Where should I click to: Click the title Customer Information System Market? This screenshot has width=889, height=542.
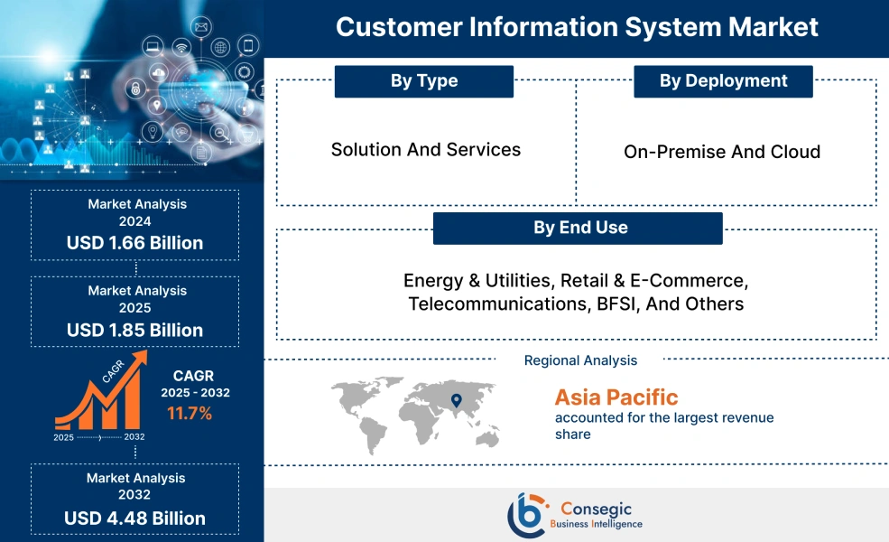point(577,27)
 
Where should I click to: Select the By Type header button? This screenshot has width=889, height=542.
point(423,81)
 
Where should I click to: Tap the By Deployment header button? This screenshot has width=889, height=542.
point(722,81)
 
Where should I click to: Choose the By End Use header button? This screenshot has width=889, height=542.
point(578,229)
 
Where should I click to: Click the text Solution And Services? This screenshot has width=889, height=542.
point(426,150)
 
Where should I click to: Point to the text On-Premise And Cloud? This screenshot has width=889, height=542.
point(722,152)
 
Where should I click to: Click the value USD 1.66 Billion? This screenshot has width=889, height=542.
point(135,243)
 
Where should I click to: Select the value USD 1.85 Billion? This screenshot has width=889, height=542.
point(135,330)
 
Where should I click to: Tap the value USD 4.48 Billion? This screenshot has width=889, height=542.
point(135,519)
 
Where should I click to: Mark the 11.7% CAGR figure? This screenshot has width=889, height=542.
point(190,414)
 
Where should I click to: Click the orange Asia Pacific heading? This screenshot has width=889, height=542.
point(616,397)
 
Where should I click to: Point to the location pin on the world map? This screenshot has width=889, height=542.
point(456,398)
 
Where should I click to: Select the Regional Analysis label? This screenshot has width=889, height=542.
point(580,360)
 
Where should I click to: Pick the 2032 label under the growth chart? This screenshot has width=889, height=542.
point(134,437)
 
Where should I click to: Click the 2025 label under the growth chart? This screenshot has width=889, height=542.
point(64,437)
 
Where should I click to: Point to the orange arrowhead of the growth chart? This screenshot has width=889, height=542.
point(140,358)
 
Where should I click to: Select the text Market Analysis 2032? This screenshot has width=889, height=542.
point(135,486)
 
